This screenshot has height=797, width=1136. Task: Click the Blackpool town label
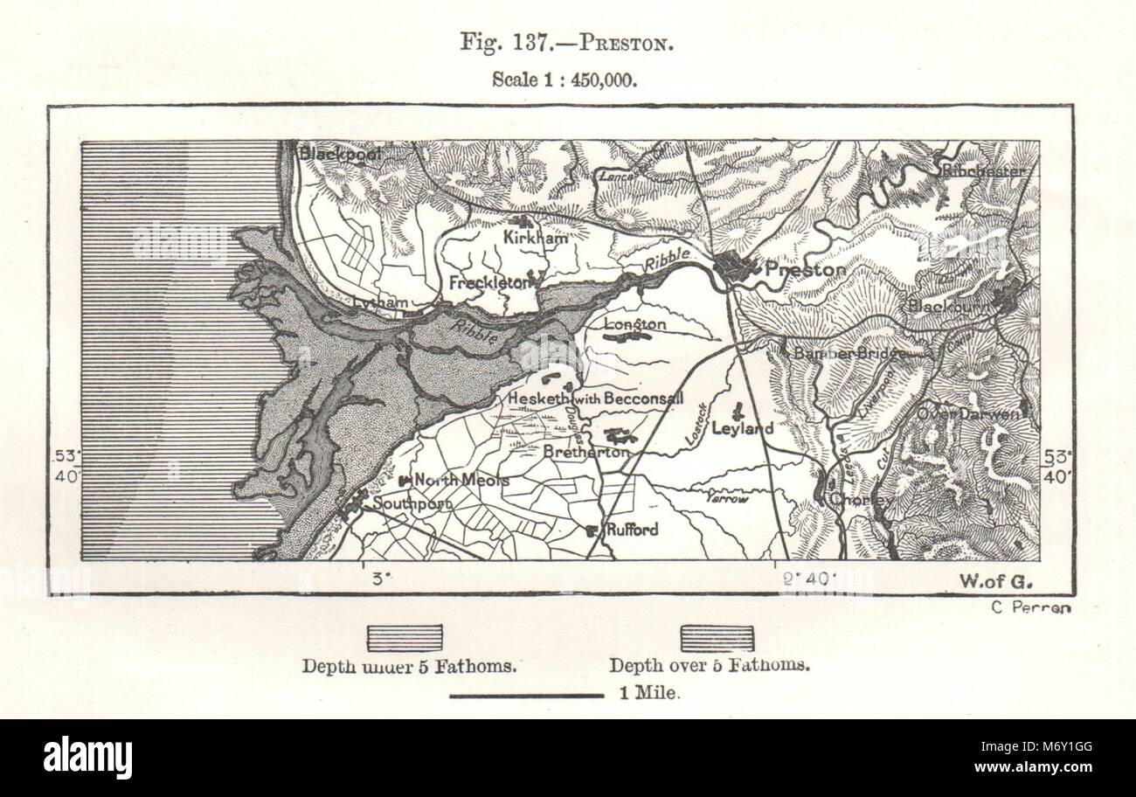(341, 153)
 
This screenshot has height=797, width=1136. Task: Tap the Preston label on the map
(805, 270)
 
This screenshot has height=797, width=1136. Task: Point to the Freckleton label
(488, 282)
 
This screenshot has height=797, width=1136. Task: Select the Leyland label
(742, 428)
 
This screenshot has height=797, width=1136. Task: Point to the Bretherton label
(585, 452)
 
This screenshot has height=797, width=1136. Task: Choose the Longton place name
(635, 324)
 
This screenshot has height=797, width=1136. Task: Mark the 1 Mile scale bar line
(527, 696)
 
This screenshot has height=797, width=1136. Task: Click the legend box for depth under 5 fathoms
(405, 638)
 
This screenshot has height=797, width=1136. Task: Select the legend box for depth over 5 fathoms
(717, 638)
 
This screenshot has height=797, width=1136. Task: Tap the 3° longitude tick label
(378, 578)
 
